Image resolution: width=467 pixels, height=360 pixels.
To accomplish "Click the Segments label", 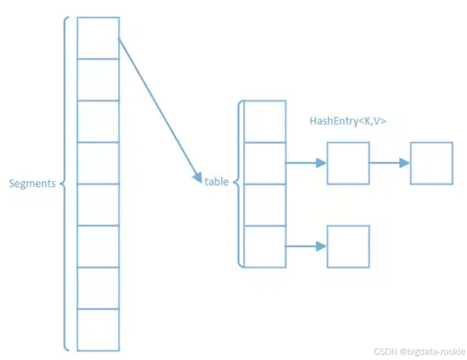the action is (x=32, y=183).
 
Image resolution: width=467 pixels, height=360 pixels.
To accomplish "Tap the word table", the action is (x=217, y=181).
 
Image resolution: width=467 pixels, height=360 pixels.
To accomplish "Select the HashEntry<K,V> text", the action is (x=348, y=121).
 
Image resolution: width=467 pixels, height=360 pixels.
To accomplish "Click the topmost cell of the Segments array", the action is (x=98, y=38).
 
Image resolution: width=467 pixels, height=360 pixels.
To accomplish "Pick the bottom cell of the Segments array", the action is (x=98, y=330).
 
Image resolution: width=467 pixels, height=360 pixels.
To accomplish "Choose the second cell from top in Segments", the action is (x=98, y=80).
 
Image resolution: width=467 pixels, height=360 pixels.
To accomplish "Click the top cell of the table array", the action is (x=265, y=121).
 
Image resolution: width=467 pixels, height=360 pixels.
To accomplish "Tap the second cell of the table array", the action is (x=265, y=163).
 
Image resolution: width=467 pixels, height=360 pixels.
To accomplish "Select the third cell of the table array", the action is (x=265, y=205).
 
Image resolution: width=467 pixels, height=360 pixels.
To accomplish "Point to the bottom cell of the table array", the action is (x=265, y=247).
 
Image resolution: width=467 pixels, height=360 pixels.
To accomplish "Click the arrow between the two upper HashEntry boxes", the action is (x=389, y=163).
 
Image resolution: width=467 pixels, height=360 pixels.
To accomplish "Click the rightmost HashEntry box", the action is (x=431, y=163).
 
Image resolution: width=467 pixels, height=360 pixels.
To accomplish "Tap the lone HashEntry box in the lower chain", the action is (x=348, y=247).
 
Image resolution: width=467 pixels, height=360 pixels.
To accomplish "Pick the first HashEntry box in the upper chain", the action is (x=348, y=163).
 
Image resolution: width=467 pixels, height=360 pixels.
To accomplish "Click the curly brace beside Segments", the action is (x=66, y=183).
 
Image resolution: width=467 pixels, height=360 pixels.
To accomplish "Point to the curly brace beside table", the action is (x=238, y=184).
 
